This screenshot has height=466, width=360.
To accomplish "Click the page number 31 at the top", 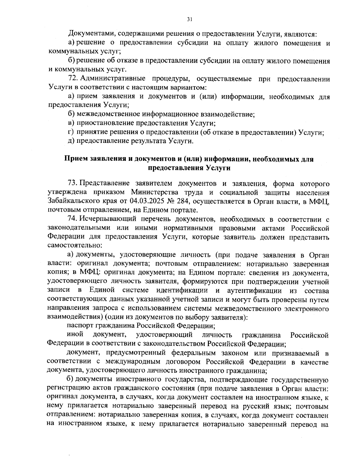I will coord(189,20).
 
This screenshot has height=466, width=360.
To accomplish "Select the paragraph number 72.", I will coord(73,79).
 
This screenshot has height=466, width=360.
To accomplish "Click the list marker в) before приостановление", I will coord(71,123).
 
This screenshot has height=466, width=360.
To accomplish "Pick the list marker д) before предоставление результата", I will coord(71,141).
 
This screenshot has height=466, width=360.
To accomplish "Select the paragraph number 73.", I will coord(73,183).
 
